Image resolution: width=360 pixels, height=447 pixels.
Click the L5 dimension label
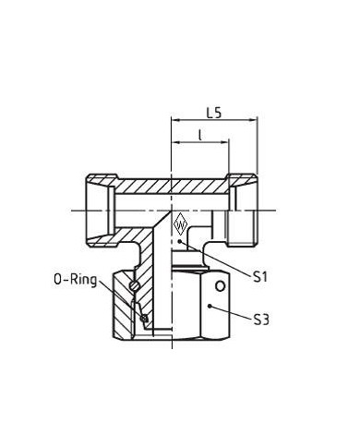pos(214,113)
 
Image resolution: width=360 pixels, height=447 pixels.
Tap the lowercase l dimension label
pos(200,135)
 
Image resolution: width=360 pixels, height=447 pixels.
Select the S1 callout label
pos(260,277)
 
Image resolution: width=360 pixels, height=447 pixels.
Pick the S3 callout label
pos(261,320)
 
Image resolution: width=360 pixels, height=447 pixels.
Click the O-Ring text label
pos(76,280)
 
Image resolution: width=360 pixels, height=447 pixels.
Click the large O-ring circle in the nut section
pos(135,285)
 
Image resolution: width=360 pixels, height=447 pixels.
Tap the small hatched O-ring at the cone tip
pos(144,319)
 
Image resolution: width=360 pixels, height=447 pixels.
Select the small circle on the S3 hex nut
pos(220,286)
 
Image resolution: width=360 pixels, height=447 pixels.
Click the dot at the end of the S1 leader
pos(180,242)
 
